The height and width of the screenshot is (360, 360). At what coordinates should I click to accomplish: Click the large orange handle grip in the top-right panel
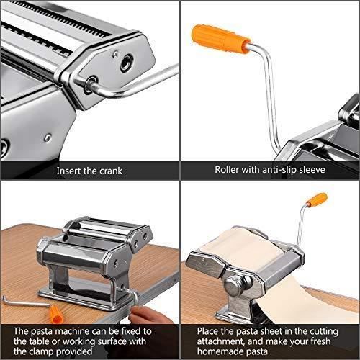(x=221, y=39)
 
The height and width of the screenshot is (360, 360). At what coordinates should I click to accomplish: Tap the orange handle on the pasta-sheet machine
(x=318, y=199)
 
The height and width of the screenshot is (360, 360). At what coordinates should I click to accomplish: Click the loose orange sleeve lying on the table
(x=56, y=314)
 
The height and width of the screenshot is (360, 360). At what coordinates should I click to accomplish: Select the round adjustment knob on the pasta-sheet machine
(x=237, y=286)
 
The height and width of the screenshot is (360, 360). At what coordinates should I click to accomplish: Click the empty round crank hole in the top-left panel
(x=126, y=63)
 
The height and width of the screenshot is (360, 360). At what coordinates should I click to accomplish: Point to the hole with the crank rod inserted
(x=91, y=84)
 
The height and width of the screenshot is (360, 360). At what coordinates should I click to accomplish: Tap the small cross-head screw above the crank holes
(x=115, y=54)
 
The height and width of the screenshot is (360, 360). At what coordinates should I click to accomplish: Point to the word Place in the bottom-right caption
(x=207, y=331)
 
